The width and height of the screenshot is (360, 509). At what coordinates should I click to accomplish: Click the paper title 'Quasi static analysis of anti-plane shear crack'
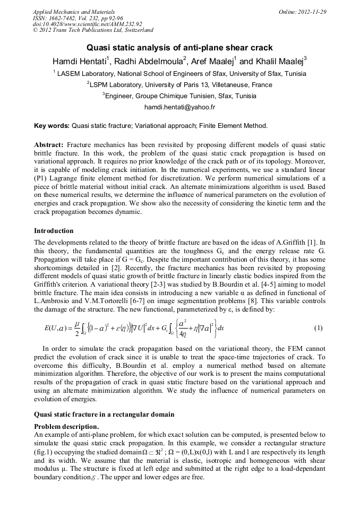point(179,47)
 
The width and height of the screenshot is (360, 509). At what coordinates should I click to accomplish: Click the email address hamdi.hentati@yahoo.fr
point(179,107)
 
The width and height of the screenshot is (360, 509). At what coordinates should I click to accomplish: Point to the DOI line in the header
point(87,24)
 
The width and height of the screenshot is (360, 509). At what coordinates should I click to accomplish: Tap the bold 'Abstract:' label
point(49,145)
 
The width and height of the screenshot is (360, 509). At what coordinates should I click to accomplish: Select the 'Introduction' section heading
point(54,231)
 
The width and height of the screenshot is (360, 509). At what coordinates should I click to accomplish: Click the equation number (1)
point(318,328)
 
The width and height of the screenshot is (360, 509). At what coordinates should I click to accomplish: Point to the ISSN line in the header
point(75,18)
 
